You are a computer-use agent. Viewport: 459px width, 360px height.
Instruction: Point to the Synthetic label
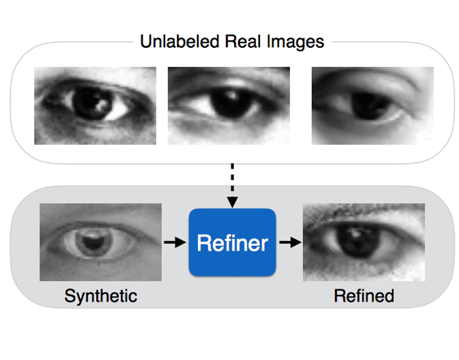pyautogui.click(x=100, y=295)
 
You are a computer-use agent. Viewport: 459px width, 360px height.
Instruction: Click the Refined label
pyautogui.click(x=364, y=295)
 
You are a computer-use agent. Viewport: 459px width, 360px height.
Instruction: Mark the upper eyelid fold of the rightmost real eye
pyautogui.click(x=372, y=84)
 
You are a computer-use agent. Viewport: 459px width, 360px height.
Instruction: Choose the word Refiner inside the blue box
pyautogui.click(x=232, y=243)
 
